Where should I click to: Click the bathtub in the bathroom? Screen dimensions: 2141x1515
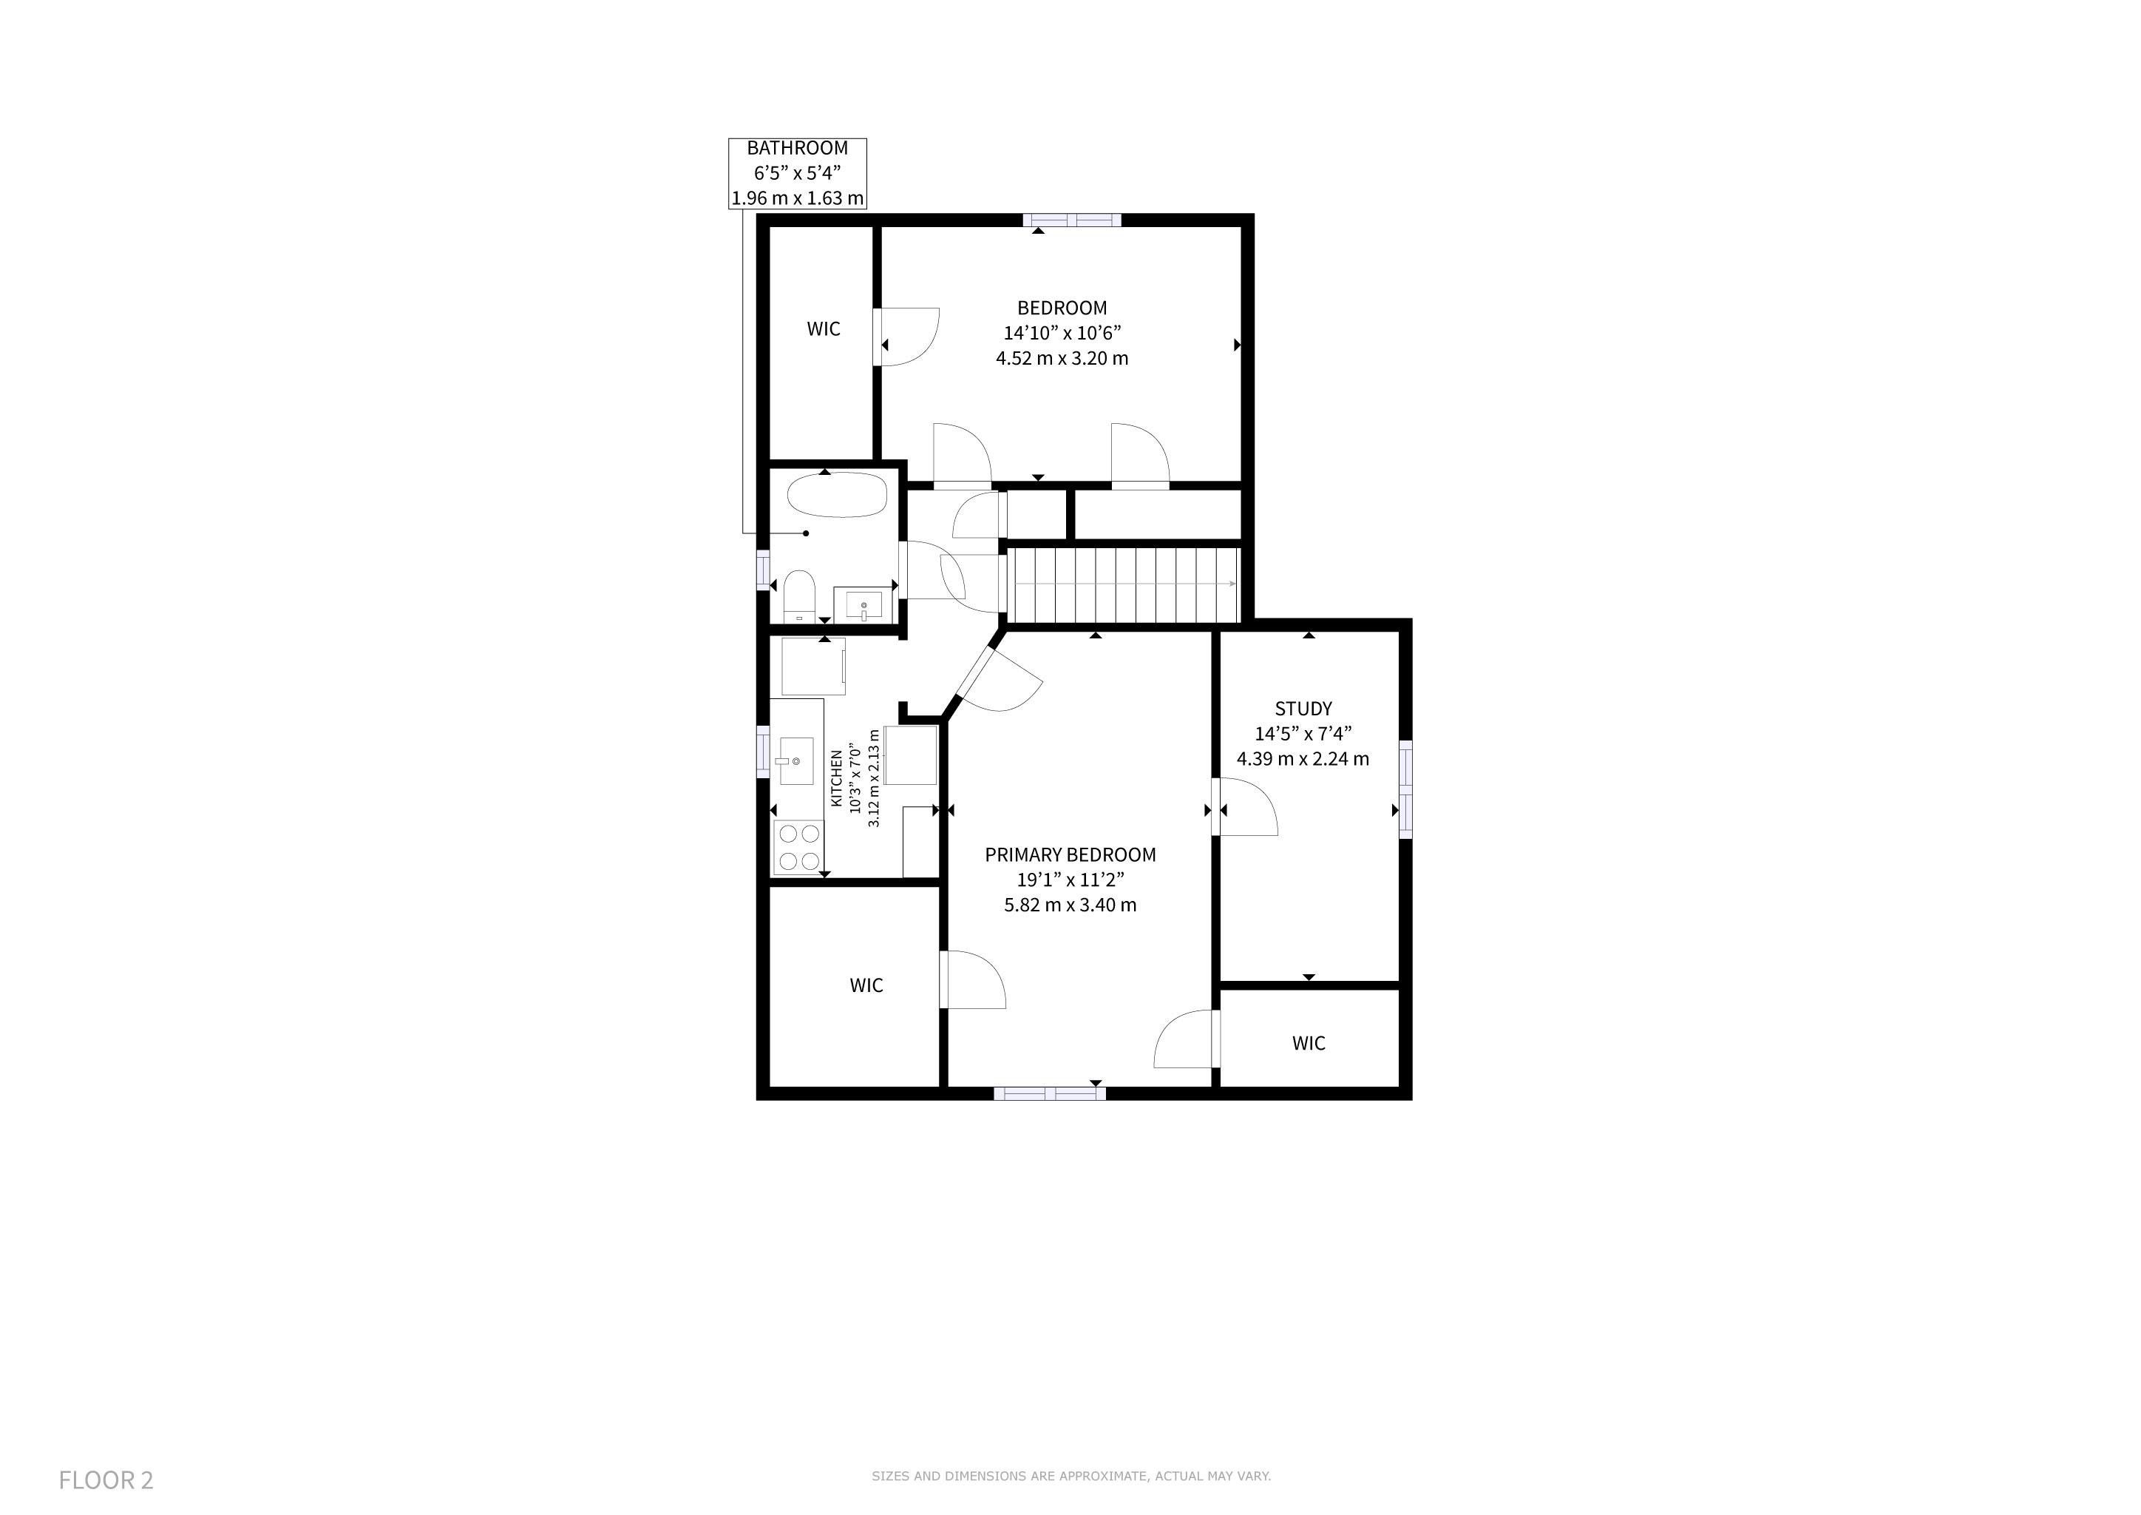tap(836, 494)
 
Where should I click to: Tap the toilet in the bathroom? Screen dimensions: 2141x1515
tap(799, 596)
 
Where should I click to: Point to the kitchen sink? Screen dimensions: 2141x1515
tap(796, 760)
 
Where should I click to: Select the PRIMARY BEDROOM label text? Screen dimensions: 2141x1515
tap(1070, 854)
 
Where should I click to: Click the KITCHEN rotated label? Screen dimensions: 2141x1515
tap(835, 779)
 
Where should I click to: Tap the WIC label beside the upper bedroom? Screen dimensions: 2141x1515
tap(824, 328)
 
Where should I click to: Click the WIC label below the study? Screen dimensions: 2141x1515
tap(1309, 1043)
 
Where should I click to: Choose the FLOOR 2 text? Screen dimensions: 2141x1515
tap(106, 1479)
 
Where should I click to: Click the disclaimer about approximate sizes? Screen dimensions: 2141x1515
tap(1070, 1476)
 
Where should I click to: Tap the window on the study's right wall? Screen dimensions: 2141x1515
tap(1405, 789)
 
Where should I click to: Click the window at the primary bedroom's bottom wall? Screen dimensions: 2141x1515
tap(1049, 1093)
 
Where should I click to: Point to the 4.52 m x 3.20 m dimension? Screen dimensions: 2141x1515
tap(1062, 358)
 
